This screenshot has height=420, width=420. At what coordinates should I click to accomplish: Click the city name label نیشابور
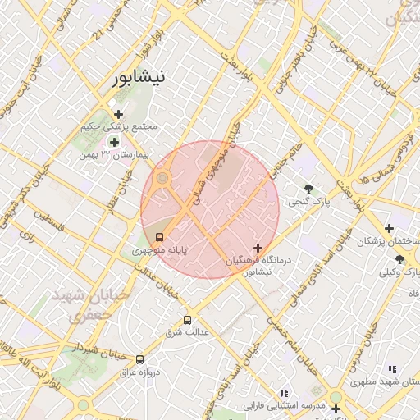138,78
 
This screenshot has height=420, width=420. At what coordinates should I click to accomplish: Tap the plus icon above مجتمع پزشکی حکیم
119,114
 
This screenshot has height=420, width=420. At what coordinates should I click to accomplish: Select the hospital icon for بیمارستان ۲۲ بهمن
114,142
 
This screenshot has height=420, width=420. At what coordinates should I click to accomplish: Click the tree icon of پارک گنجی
308,188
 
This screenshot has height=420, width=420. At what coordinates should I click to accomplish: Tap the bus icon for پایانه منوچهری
159,238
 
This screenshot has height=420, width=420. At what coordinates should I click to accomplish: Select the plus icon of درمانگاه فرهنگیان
258,247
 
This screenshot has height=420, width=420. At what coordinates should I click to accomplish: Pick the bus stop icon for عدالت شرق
188,320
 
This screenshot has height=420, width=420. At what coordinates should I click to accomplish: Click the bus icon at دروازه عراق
139,359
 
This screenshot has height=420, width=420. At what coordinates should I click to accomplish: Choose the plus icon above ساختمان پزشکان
390,228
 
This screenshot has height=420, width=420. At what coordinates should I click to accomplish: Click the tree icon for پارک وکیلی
399,259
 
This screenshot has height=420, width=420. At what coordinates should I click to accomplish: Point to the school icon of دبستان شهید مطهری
392,369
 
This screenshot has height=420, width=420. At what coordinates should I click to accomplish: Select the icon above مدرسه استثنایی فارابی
284,393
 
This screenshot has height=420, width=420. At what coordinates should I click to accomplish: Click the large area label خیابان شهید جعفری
89,304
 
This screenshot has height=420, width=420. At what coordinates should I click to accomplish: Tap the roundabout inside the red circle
163,177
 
